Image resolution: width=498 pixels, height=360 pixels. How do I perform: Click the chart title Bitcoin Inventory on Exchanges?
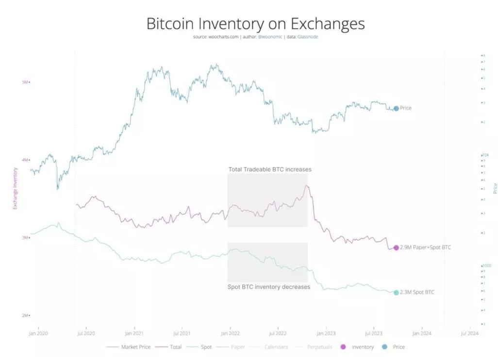(x=249, y=23)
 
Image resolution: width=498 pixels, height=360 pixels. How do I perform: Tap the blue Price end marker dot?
(x=396, y=108)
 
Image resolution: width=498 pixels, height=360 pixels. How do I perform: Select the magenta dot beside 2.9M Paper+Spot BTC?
(x=396, y=247)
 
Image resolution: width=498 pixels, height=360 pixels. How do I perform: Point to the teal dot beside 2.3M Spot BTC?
(x=396, y=293)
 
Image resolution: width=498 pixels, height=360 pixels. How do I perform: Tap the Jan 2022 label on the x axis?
(x=230, y=333)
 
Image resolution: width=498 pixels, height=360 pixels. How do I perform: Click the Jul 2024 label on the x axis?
(x=469, y=333)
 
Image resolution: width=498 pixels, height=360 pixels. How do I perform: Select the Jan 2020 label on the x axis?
(x=38, y=333)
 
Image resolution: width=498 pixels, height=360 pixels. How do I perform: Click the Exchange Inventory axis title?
(x=15, y=188)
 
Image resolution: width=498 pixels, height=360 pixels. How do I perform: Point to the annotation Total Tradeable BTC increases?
(x=269, y=169)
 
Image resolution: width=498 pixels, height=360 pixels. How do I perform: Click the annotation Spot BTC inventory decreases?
(x=268, y=287)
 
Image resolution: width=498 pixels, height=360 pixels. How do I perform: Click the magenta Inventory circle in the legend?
(x=344, y=347)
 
